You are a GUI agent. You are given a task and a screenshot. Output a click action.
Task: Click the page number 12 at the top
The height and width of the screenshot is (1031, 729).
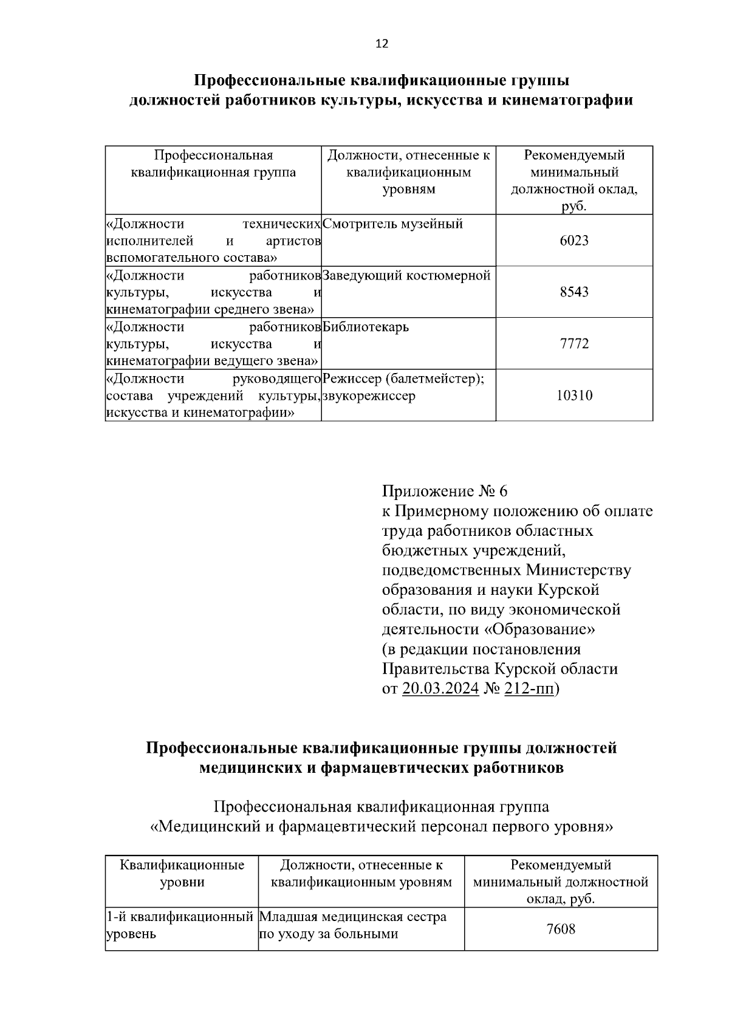point(382,44)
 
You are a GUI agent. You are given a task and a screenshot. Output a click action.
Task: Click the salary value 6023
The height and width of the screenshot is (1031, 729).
point(573,241)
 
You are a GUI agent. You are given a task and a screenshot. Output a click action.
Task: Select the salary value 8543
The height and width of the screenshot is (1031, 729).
point(573,292)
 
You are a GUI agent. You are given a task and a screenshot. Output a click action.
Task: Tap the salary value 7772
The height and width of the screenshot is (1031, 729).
point(573,344)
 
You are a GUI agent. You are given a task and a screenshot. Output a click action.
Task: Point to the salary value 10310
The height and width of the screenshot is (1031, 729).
point(573,396)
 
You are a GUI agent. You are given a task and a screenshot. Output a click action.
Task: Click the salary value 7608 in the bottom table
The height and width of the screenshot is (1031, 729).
point(561,929)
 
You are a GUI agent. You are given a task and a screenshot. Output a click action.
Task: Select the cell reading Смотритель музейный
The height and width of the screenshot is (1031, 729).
point(393,224)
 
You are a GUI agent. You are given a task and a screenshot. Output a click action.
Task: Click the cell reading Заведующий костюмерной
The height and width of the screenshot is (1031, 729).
point(406,276)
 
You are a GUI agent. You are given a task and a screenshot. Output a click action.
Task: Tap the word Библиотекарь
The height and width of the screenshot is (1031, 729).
point(366,327)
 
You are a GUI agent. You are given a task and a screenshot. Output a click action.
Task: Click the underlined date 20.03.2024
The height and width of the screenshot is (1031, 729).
point(440,689)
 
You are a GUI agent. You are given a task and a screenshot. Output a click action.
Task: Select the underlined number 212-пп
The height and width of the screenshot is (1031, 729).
point(529,689)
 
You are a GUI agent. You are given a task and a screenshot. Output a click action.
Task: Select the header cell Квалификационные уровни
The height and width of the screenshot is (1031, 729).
point(182,873)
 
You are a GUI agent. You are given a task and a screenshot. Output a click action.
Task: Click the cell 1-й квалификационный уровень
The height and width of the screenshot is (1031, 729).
point(179,925)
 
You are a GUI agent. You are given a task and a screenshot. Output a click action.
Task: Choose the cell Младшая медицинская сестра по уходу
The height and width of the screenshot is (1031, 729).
point(352,925)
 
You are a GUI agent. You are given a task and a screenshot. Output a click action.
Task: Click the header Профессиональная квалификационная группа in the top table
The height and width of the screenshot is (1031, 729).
point(213,164)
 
